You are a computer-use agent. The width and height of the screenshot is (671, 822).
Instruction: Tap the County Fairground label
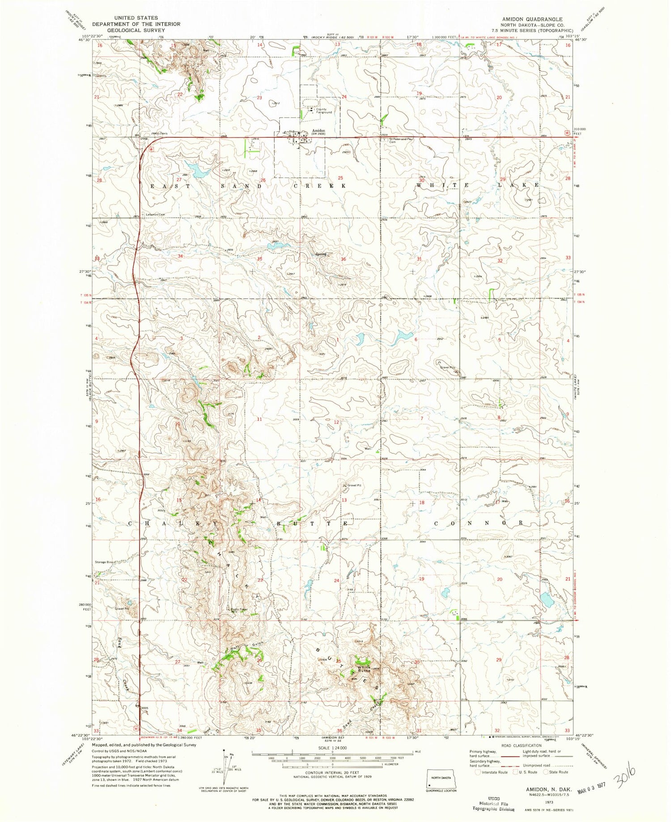tap(324, 111)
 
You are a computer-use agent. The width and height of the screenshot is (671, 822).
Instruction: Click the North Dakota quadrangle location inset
tap(441, 778)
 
